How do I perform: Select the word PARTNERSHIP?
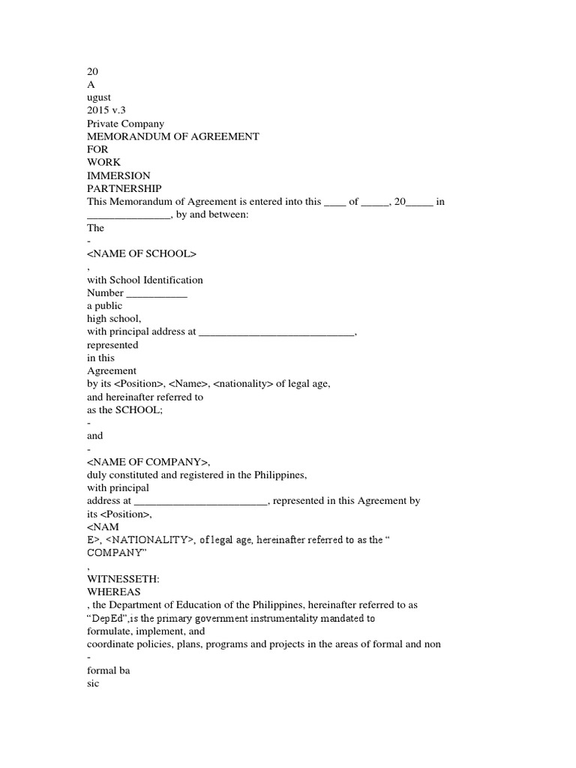pyautogui.click(x=124, y=188)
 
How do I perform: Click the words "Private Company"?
pyautogui.click(x=125, y=124)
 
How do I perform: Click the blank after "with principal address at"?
pyautogui.click(x=277, y=331)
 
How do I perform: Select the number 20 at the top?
pyautogui.click(x=93, y=71)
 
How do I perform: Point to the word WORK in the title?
pyautogui.click(x=103, y=163)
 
